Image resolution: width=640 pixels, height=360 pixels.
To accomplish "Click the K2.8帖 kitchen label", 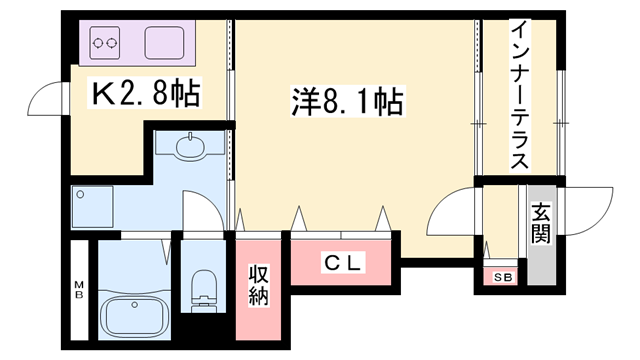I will pos(145,94).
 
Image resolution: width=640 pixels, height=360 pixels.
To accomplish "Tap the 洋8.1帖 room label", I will pos(348,101).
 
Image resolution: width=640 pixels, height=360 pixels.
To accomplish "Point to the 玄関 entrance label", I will pos(541,222).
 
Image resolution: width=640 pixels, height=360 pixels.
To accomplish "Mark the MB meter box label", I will pos(80,292).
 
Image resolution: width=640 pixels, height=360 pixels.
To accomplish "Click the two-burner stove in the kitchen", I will pos(106,43).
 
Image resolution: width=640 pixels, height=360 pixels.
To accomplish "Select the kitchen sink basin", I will pos(165,43).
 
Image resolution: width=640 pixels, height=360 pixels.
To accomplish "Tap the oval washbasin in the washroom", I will pos(190,148).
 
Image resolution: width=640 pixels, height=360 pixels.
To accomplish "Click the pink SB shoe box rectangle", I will pos(500,277).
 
